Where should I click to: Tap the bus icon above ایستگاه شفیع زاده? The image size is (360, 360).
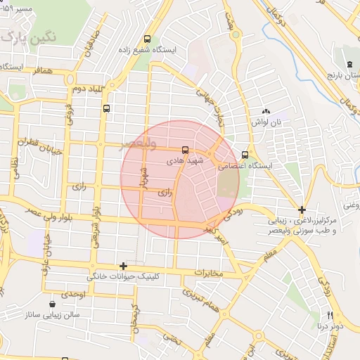pyautogui.click(x=147, y=39)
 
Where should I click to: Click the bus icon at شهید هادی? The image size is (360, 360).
pyautogui.click(x=185, y=149)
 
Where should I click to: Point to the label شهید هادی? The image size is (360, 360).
pyautogui.click(x=179, y=160)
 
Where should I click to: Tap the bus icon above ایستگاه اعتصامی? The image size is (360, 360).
pyautogui.click(x=245, y=155)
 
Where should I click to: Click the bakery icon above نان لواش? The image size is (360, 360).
pyautogui.click(x=266, y=111)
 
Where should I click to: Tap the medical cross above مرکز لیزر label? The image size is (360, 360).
pyautogui.click(x=302, y=210)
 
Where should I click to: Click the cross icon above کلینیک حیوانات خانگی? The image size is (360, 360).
pyautogui.click(x=124, y=266)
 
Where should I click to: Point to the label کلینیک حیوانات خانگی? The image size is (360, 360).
pyautogui.click(x=124, y=277)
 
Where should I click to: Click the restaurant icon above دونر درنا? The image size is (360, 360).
pyautogui.click(x=328, y=315)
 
